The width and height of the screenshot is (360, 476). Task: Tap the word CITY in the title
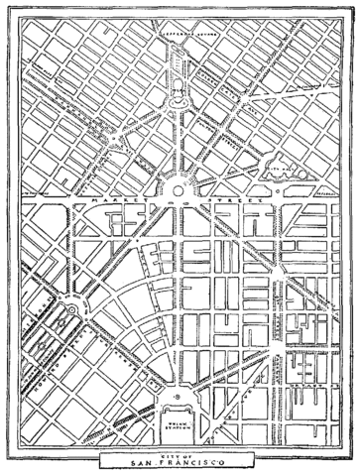(170, 455)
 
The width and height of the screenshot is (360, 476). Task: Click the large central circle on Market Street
(180, 188)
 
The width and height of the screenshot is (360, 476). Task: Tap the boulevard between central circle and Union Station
(180, 297)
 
